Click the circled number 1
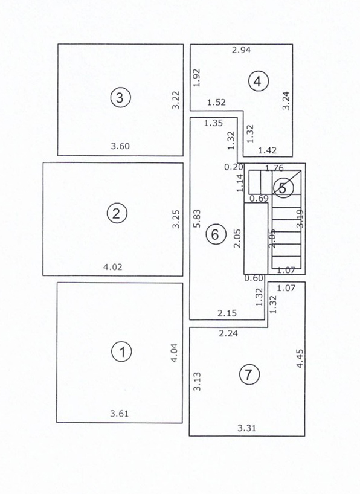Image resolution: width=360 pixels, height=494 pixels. (x=123, y=351)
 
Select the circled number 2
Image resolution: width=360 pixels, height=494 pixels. (x=116, y=213)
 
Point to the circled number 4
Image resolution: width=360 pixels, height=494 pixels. (x=258, y=81)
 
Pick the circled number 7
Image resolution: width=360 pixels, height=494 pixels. (x=248, y=374)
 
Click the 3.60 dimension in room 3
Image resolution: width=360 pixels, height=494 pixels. (x=120, y=146)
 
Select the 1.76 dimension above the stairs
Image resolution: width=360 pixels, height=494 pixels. (x=274, y=168)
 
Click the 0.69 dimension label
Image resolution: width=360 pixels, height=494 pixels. (x=259, y=198)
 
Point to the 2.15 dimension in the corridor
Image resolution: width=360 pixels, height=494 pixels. (x=228, y=312)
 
